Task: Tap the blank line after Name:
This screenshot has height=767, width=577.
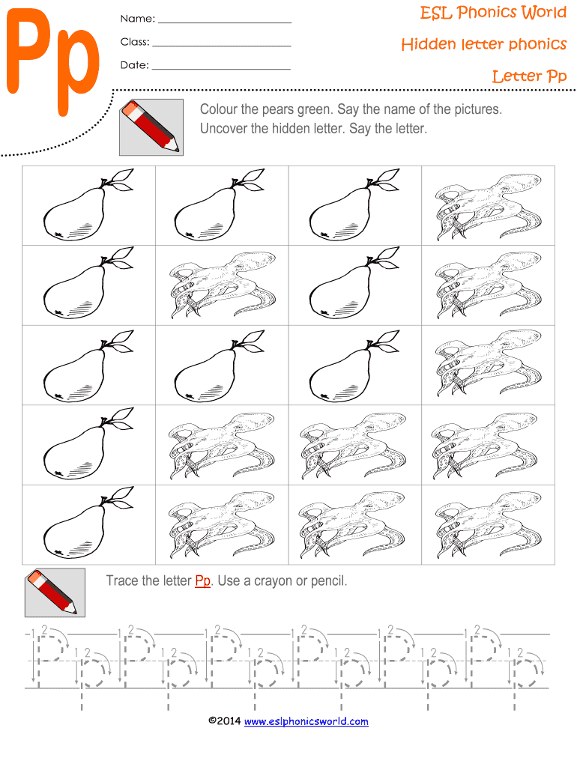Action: (225, 22)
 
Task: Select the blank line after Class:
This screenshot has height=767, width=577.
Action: (222, 46)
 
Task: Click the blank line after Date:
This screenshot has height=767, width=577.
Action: (221, 69)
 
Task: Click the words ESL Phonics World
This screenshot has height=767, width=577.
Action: (493, 12)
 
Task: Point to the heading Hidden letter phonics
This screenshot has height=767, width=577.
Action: (483, 44)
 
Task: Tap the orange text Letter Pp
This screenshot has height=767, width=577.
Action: (529, 76)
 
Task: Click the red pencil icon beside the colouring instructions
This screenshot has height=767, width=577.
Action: (151, 127)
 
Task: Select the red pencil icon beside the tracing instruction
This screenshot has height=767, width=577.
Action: (55, 592)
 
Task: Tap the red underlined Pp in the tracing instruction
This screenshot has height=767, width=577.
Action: (202, 580)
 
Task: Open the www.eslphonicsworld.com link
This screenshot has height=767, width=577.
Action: (306, 721)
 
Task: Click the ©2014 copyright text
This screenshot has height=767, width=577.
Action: (225, 721)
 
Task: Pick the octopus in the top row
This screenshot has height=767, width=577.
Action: (489, 207)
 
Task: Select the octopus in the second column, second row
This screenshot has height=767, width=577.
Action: (223, 285)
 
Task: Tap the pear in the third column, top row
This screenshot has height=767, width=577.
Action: (354, 204)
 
